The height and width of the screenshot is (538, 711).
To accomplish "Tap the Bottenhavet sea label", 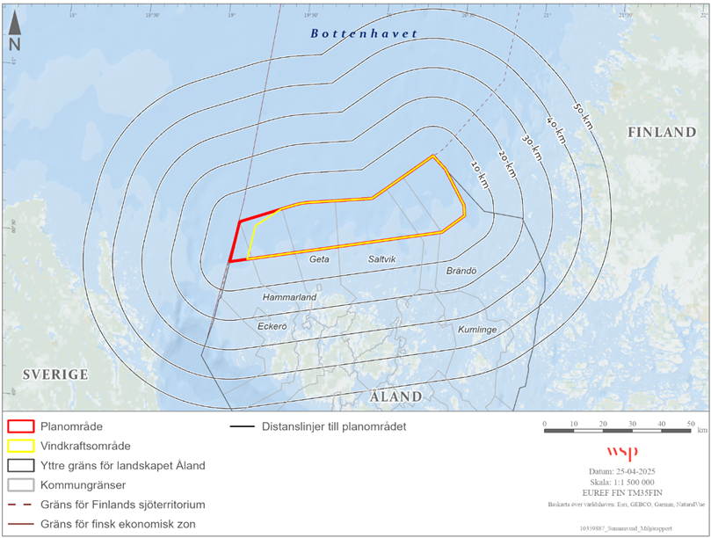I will (364, 33).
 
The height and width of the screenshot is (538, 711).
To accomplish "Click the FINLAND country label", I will (661, 133).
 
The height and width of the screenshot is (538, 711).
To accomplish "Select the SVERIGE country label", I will (55, 374).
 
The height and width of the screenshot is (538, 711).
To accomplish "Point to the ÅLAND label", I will (395, 396).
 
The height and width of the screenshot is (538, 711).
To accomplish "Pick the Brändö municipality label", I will (461, 272).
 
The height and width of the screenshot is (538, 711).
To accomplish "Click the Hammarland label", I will (289, 298).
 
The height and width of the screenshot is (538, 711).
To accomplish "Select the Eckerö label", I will (272, 326).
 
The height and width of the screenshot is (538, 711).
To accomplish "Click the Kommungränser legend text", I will (86, 484).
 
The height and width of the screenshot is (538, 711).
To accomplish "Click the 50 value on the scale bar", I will (689, 425).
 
